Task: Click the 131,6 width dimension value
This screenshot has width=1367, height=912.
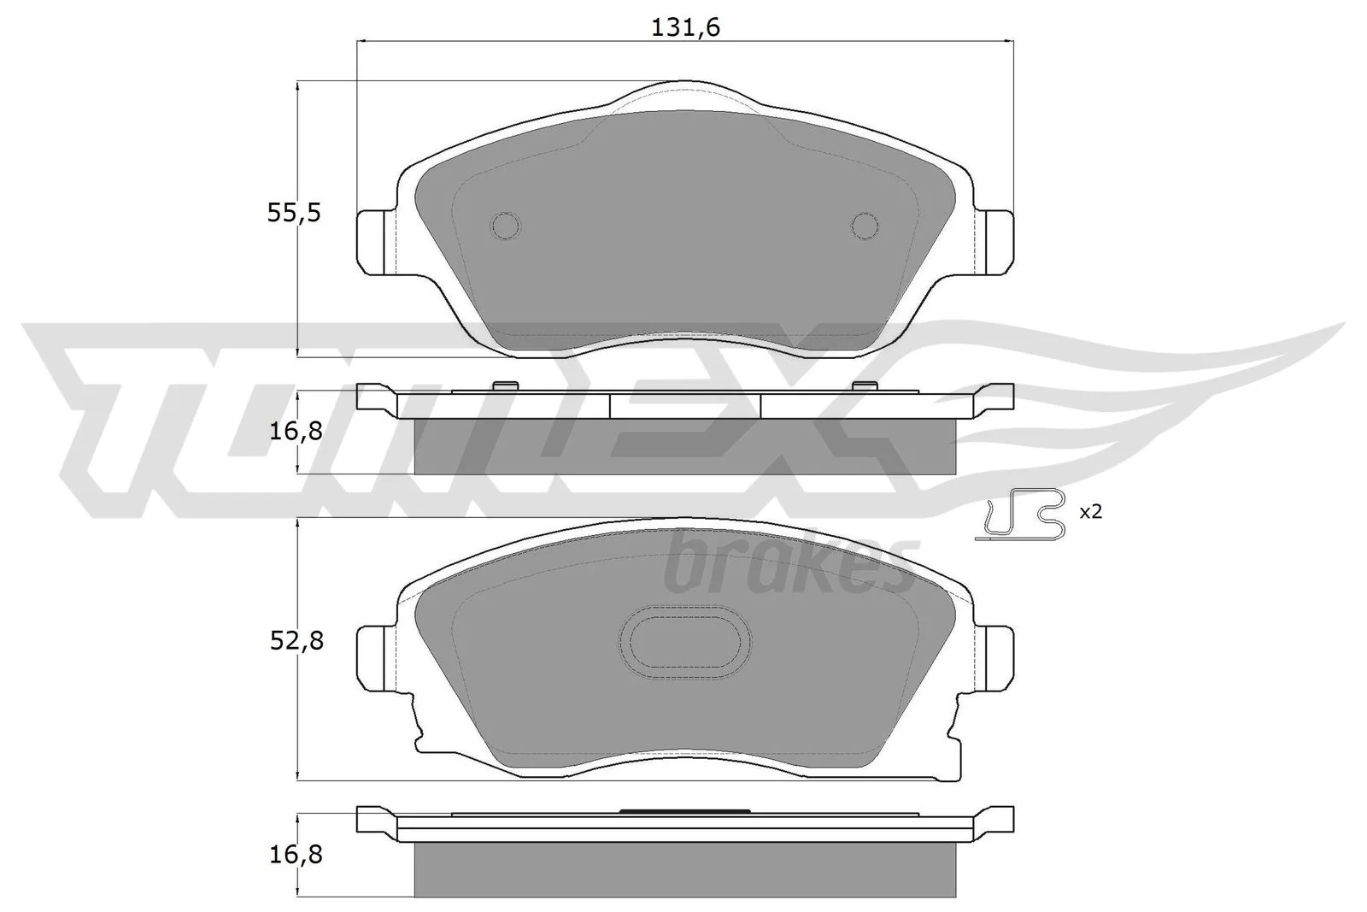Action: point(685,27)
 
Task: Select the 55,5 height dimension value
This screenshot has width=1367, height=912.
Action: point(294,213)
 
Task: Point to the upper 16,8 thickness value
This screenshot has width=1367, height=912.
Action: point(296,432)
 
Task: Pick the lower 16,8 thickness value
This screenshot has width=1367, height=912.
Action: point(296,856)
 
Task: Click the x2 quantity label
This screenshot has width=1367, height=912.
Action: point(1090,511)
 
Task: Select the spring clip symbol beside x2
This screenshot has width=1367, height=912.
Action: point(1020,515)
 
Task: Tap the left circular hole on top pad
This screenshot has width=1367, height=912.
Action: point(506,227)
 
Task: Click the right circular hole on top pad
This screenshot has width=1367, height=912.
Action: point(865,226)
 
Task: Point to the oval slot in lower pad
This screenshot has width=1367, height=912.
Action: point(685,642)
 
